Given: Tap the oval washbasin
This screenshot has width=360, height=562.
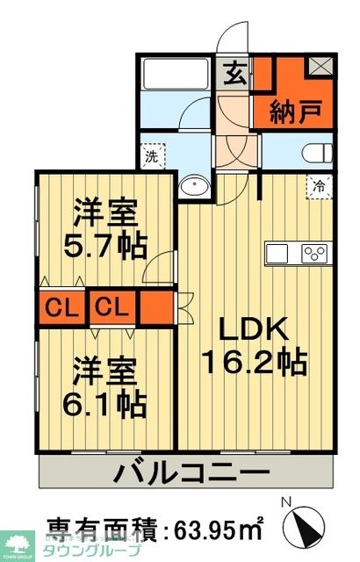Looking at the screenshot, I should tap(192, 186).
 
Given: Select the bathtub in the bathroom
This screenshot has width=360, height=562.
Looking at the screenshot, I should tap(174, 72).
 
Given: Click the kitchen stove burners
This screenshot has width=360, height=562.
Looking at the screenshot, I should tap(313, 254).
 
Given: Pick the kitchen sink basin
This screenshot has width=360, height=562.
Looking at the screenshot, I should tap(277, 254).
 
